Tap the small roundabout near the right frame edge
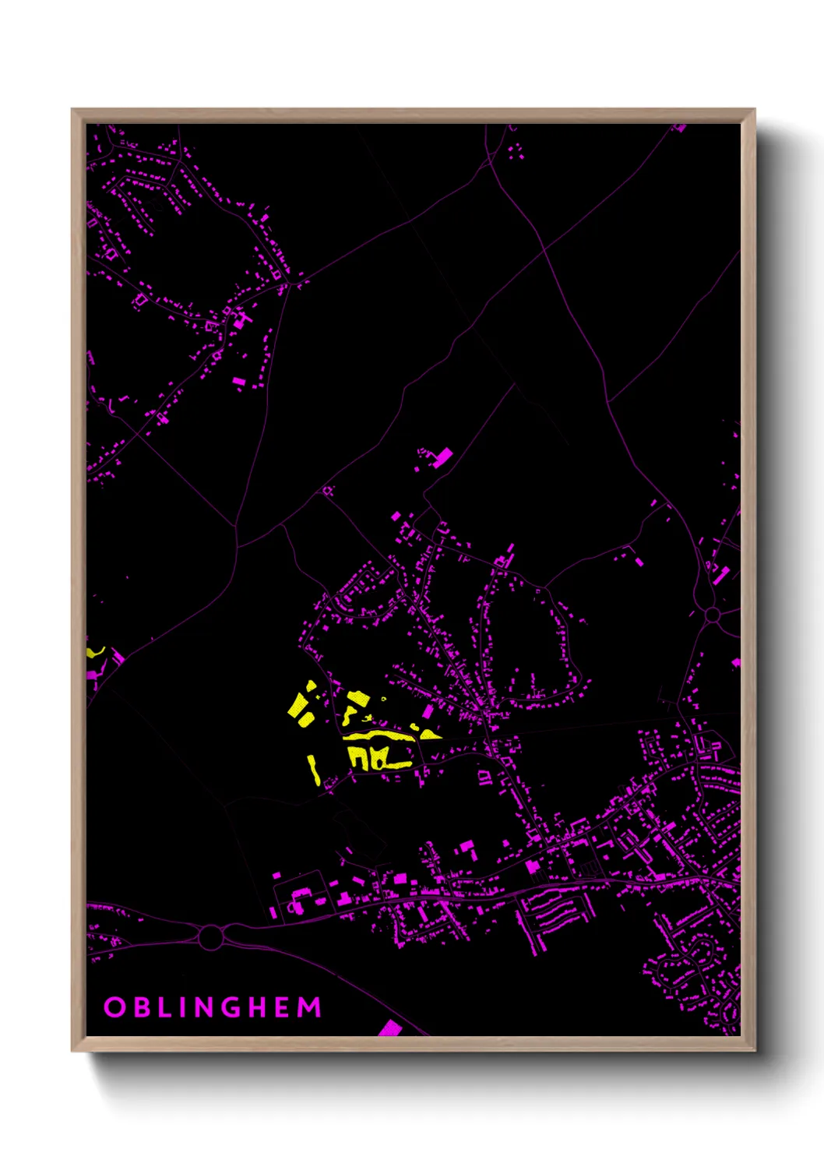(712, 615)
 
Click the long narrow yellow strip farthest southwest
(314, 769)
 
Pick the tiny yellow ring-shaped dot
(384, 698)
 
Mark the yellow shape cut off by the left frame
(93, 651)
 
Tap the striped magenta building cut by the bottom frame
(390, 1028)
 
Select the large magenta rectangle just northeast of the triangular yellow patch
(428, 711)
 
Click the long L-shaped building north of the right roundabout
(721, 575)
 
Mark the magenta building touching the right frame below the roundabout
(736, 662)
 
